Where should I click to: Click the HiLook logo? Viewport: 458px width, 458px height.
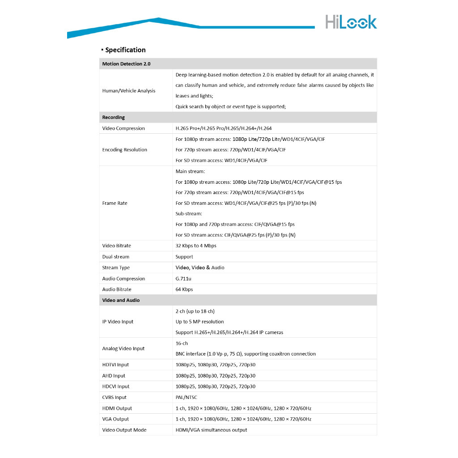point(351,22)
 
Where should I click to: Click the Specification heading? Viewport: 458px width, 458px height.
point(125,50)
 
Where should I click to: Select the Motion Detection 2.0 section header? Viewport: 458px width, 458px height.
point(127,64)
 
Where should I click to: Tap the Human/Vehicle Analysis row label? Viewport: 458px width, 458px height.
point(129,91)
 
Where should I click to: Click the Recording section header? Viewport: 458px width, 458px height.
point(114,118)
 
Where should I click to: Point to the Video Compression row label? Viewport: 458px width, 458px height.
point(123,128)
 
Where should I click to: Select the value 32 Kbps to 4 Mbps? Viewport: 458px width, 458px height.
point(196,246)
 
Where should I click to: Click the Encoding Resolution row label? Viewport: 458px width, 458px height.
point(125,150)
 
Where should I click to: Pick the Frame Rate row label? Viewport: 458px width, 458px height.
point(115,203)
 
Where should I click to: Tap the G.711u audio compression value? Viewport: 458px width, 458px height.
point(184,279)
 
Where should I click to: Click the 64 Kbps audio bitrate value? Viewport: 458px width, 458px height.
point(184,289)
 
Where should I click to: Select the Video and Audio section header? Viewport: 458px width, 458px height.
point(121,300)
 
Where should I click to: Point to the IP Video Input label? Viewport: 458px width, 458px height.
point(118,322)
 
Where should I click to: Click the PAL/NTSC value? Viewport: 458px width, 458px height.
point(186,397)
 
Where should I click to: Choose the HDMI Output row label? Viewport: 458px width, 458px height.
point(117,408)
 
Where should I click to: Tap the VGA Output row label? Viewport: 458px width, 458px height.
point(115,419)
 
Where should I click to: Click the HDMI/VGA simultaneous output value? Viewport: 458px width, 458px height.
point(211,430)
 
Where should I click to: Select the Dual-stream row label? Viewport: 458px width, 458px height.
point(116,257)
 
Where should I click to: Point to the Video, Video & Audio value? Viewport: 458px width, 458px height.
point(200,267)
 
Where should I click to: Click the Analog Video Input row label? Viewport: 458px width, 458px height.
point(123,348)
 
